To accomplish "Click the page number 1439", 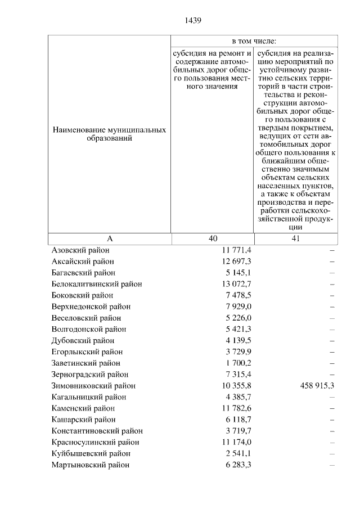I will pos(192,21).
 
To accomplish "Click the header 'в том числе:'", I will pos(254,41).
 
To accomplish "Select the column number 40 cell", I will pos(212,238).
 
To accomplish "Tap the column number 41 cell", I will pos(296,238).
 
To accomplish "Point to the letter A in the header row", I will pos(110,238).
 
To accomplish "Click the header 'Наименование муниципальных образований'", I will pos(109,134).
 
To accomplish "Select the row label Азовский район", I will pos(80,250).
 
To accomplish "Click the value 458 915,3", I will pos(315,386).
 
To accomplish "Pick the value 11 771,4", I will pos(237,250).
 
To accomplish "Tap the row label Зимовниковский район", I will pos(93,386).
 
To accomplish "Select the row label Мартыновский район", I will pos(90,465).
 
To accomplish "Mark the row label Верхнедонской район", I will pos(91,307).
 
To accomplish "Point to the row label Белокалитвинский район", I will pos(96,284).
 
